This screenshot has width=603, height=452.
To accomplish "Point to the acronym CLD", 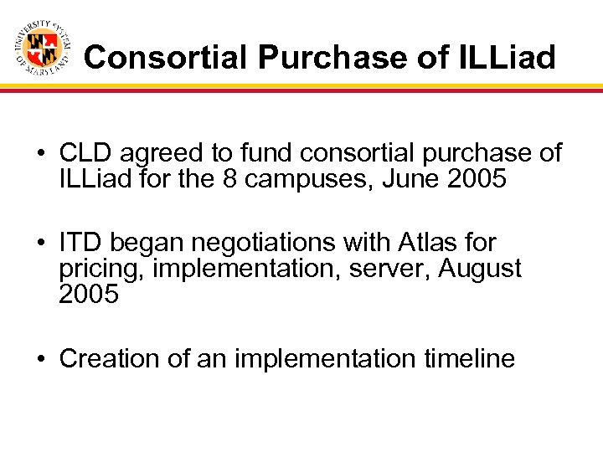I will tap(85, 153).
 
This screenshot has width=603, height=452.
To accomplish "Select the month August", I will tap(481, 270).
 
